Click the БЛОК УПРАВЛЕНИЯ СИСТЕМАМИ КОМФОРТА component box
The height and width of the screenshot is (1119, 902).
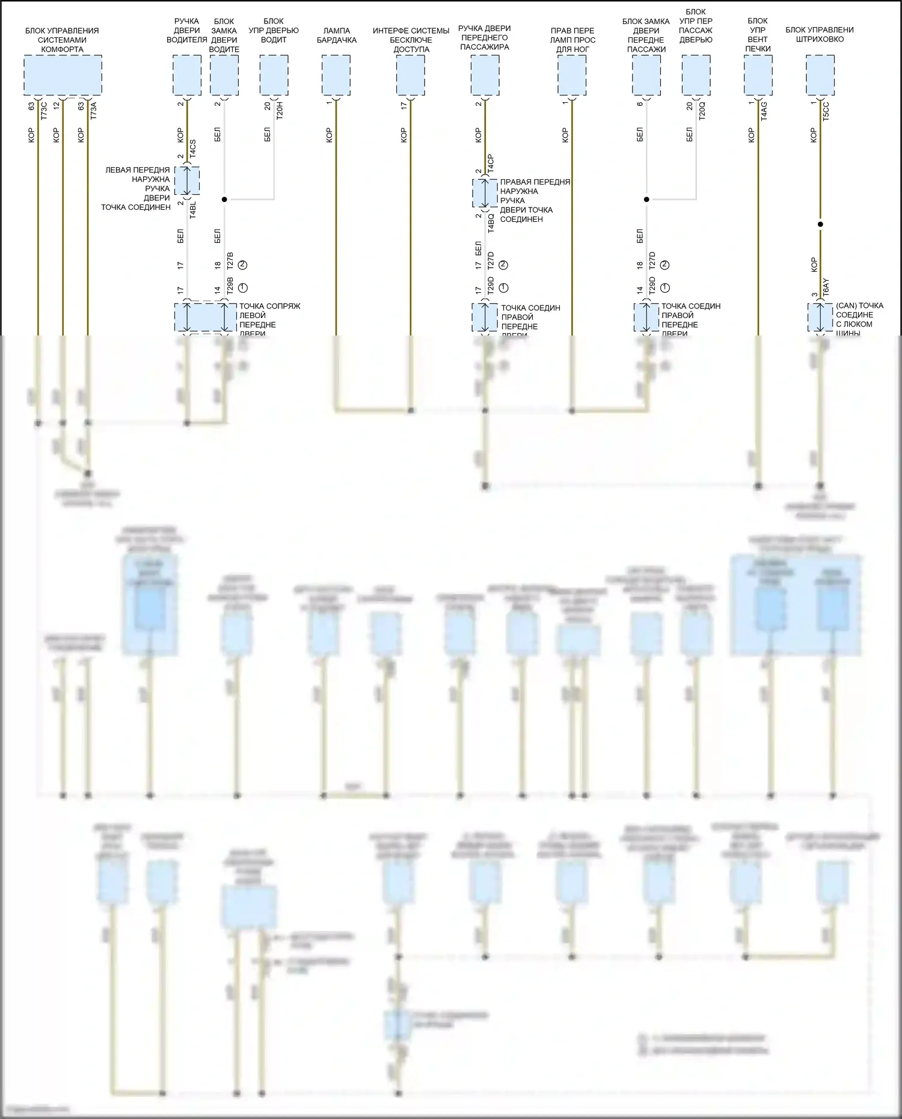[x=63, y=75]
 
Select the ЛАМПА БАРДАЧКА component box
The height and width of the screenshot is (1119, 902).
[x=336, y=75]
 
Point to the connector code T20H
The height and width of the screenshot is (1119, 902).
[x=280, y=110]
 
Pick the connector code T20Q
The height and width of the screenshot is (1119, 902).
[x=702, y=110]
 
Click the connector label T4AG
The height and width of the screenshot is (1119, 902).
[x=764, y=110]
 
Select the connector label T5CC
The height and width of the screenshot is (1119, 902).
[x=826, y=110]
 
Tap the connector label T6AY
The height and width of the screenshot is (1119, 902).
[x=826, y=287]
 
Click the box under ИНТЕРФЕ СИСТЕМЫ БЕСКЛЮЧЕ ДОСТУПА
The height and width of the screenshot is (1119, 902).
[x=410, y=75]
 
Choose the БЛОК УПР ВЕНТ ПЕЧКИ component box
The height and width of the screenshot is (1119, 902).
[x=758, y=75]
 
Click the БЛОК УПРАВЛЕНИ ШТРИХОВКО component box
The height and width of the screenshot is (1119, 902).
[x=820, y=75]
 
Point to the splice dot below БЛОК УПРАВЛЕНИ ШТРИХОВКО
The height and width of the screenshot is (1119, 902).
[x=820, y=224]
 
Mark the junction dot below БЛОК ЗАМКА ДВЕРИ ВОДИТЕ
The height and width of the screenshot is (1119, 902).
[x=224, y=199]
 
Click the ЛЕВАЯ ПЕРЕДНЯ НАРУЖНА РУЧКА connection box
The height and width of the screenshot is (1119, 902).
[x=186, y=181]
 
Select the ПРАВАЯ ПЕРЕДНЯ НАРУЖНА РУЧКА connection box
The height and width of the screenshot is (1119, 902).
[x=485, y=192]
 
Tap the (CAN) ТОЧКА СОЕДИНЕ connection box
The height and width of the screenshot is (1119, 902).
[x=820, y=317]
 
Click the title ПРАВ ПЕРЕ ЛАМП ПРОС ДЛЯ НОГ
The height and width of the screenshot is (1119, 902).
[x=572, y=40]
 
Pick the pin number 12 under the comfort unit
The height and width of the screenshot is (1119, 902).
[x=57, y=106]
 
